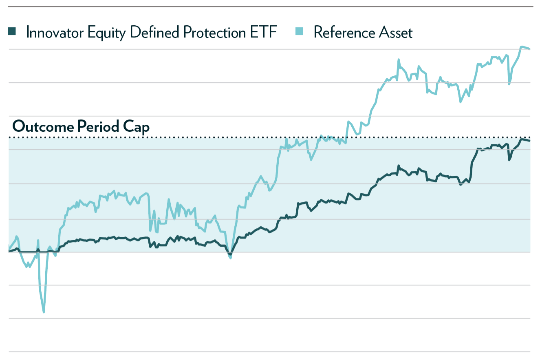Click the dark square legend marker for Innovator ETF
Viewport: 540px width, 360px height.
12,31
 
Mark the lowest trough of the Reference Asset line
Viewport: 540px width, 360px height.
44,312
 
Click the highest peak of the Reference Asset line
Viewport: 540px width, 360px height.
522,46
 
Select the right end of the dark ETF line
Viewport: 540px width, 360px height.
529,141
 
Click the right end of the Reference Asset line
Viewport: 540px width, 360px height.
529,49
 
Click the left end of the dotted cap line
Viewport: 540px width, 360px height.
10,138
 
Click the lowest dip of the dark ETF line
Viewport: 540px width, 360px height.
230,254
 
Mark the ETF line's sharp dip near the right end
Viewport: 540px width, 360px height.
509,160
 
